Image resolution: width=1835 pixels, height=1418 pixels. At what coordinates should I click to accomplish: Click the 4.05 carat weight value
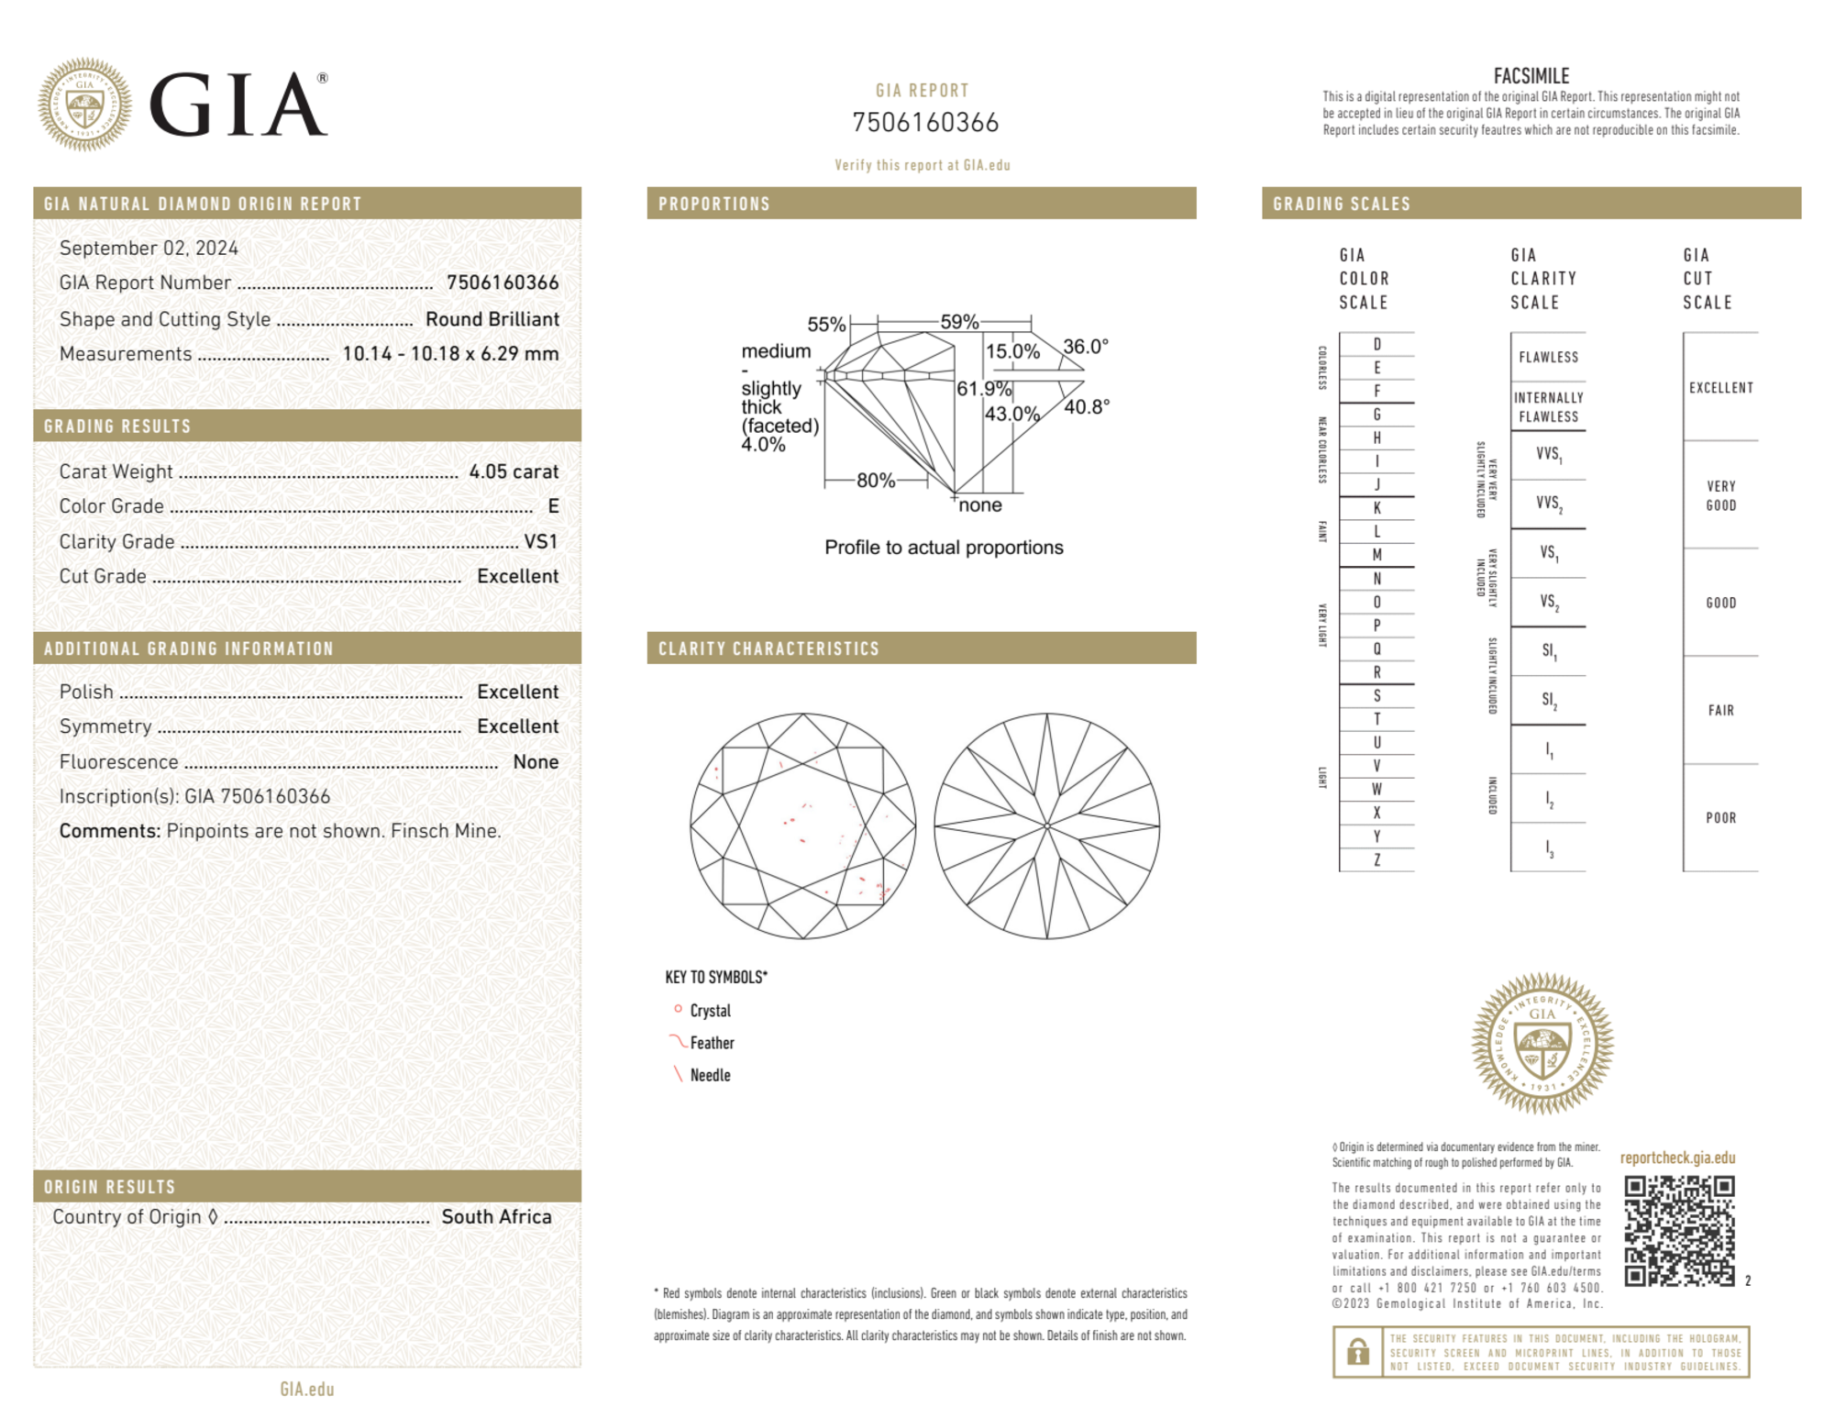[513, 471]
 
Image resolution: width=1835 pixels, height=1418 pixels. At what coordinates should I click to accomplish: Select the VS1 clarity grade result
[540, 541]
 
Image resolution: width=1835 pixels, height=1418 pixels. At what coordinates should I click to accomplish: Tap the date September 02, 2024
[149, 248]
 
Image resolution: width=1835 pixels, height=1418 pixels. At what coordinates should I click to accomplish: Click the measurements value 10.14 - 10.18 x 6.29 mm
[449, 354]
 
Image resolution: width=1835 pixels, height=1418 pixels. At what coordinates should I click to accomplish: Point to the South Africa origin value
[496, 1216]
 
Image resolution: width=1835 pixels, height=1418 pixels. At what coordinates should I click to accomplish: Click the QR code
[1678, 1231]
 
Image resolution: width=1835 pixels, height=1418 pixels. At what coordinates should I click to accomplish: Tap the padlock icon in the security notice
[1357, 1351]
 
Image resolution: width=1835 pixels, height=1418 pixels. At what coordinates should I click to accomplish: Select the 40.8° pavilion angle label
[1086, 406]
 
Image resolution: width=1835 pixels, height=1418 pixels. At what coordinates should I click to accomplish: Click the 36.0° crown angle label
[1085, 347]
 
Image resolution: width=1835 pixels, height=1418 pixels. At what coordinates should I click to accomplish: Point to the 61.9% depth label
[983, 389]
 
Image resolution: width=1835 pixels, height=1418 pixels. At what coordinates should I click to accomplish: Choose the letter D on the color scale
[1376, 344]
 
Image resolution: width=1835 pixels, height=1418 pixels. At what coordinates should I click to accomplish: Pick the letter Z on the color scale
[1376, 859]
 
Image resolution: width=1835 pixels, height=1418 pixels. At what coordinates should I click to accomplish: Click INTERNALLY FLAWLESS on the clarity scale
[1548, 406]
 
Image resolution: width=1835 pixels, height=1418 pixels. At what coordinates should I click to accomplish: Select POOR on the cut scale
[1720, 817]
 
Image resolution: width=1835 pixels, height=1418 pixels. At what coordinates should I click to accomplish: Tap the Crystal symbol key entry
[709, 1011]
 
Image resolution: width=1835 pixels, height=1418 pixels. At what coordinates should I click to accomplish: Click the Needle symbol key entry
[709, 1075]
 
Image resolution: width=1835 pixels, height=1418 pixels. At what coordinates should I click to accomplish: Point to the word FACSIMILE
[1531, 76]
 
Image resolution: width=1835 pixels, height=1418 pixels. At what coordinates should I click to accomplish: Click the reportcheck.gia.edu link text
[1677, 1158]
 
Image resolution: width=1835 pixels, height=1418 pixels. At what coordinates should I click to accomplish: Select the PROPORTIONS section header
[713, 204]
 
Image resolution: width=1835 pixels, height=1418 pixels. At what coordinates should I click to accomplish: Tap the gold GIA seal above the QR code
[1542, 1044]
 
